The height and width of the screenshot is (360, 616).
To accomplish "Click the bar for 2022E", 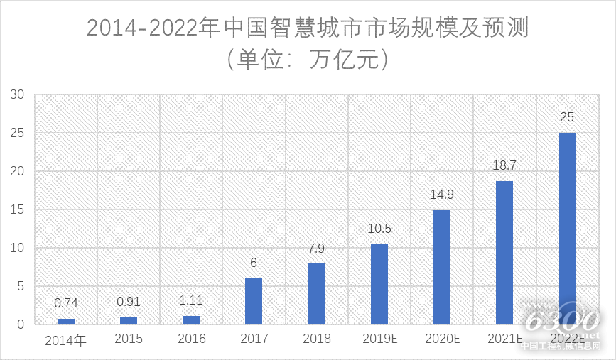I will (567, 228).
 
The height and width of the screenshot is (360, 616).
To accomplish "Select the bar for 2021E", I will (504, 252).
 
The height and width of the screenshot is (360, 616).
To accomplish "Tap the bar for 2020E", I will (442, 267).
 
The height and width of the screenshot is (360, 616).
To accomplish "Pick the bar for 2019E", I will (379, 284).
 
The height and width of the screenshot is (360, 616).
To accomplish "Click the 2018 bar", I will (316, 294).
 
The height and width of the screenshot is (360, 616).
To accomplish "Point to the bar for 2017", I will (254, 301).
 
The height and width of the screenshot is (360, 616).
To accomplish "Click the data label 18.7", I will (504, 165).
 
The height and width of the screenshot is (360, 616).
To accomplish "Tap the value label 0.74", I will (66, 303).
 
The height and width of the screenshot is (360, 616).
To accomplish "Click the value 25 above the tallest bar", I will (567, 117).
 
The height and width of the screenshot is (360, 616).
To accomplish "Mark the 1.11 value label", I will (191, 300).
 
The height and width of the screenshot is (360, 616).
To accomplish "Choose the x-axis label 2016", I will (191, 339).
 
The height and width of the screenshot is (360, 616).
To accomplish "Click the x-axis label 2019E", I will (379, 339).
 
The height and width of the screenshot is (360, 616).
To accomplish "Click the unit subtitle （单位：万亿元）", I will (308, 59).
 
